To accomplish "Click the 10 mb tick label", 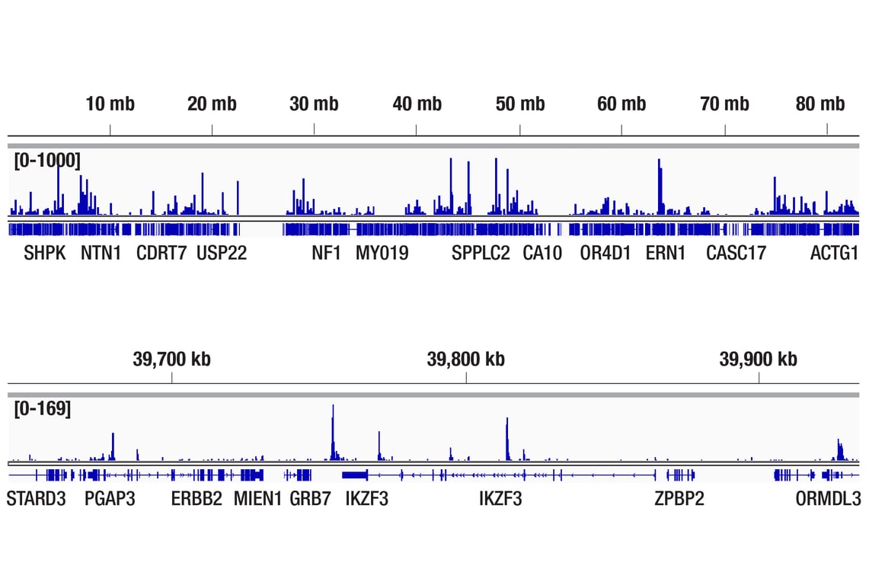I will (110, 104).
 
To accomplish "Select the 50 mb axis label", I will (520, 104).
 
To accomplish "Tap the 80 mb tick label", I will (820, 104).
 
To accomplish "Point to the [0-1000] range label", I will (46, 161).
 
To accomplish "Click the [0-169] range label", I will (43, 409).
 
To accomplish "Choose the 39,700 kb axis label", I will (171, 359).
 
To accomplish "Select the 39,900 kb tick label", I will (758, 359).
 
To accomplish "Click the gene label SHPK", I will (45, 254).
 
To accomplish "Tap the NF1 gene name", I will (326, 254).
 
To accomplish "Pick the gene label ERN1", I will (665, 254).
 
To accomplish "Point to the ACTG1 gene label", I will (834, 254).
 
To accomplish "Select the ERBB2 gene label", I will (196, 500).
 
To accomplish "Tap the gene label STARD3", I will (36, 500).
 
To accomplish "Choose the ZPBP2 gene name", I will (679, 500).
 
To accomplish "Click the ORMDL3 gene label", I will (828, 500).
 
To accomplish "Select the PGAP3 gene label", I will (110, 500).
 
